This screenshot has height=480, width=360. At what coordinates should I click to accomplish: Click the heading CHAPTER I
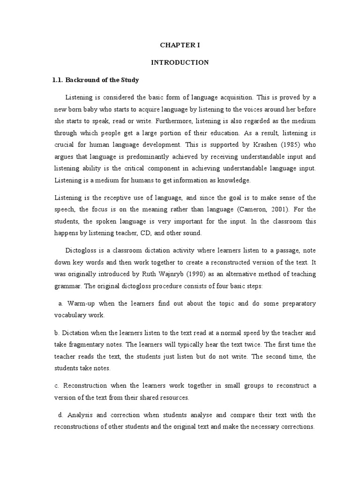point(180,45)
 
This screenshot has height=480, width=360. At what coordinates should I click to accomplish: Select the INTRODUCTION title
point(180,62)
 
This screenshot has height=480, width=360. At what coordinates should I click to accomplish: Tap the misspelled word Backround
point(82,80)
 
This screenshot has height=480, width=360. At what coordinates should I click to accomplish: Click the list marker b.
point(56,333)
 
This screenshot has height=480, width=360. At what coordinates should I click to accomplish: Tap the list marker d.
point(60,415)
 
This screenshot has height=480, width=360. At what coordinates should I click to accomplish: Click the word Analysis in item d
point(81,415)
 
